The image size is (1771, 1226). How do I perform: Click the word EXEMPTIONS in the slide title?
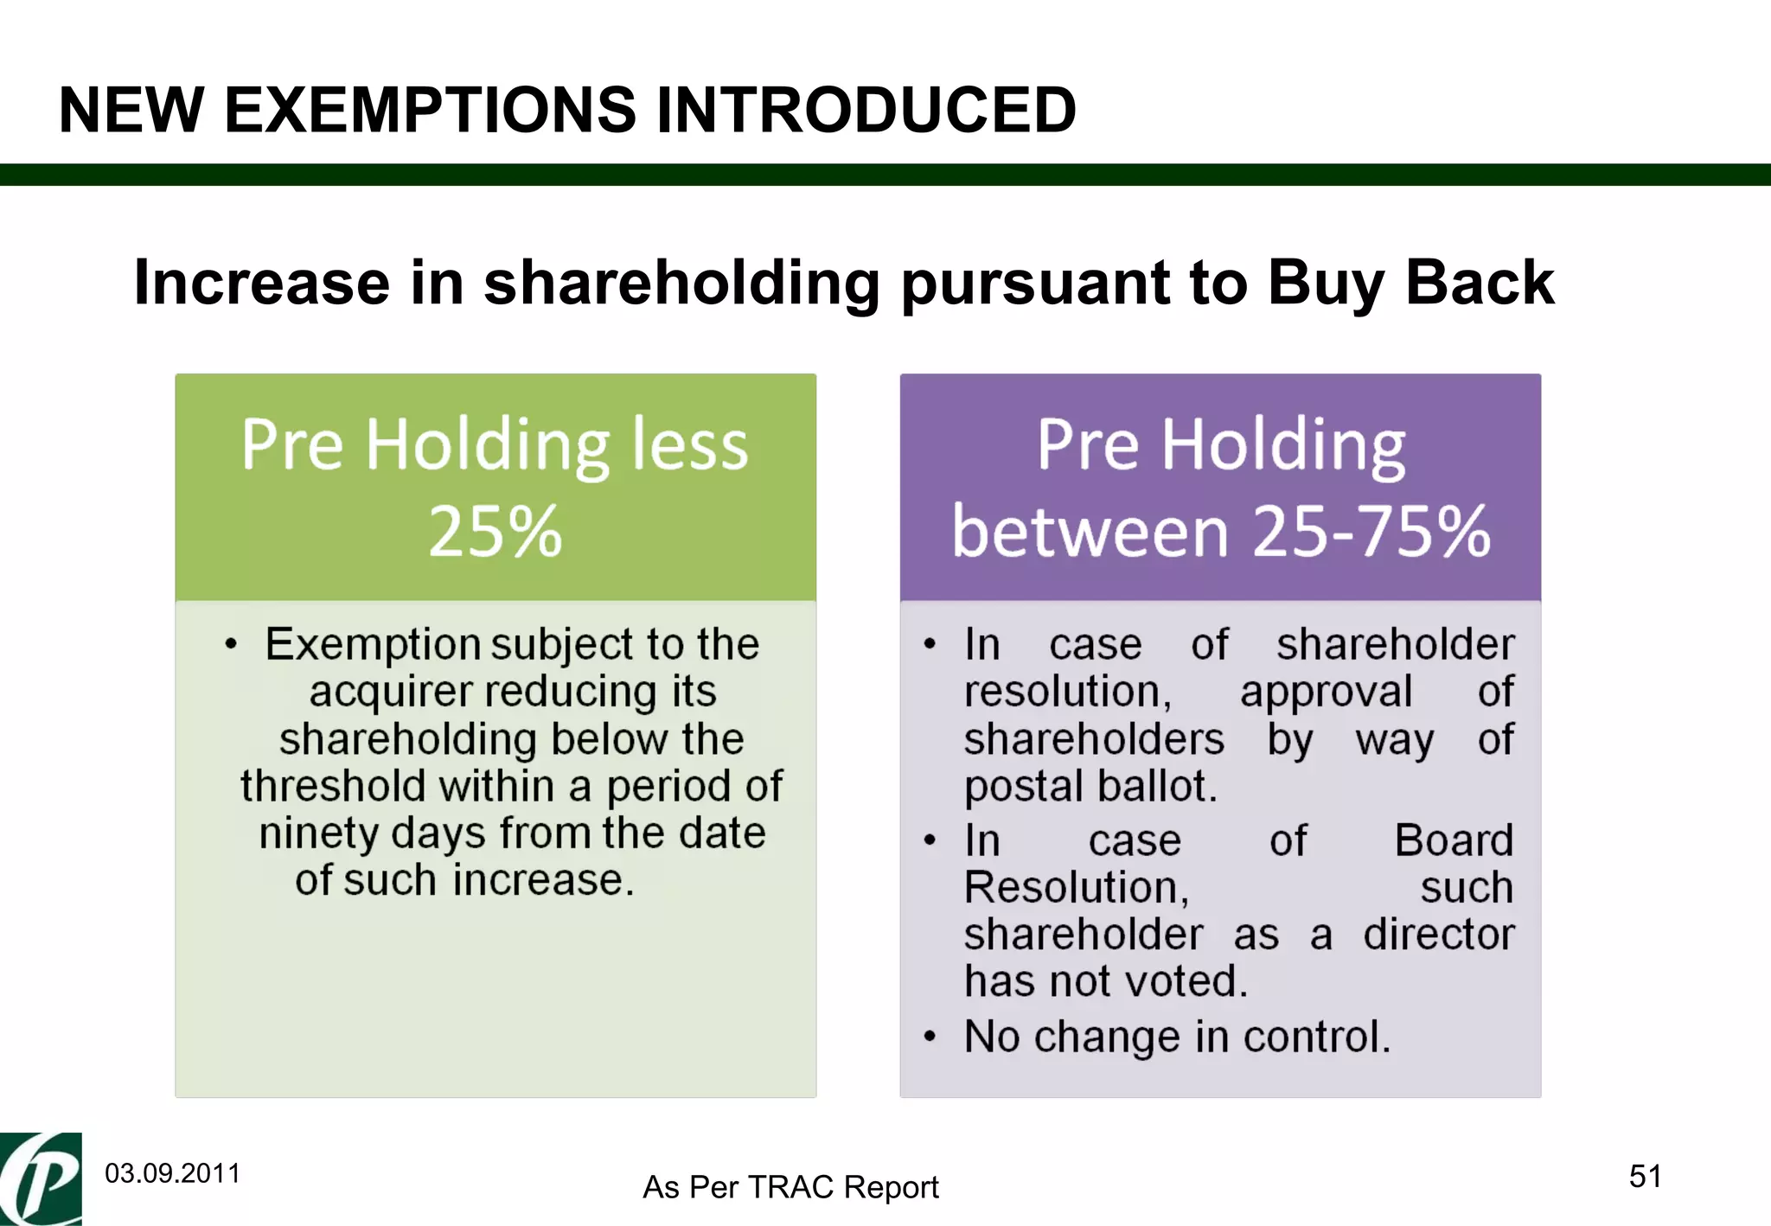click(x=430, y=111)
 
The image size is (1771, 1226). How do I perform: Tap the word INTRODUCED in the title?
click(x=866, y=111)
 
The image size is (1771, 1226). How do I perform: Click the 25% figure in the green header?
click(x=495, y=531)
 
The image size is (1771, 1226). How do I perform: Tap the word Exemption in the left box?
click(x=373, y=644)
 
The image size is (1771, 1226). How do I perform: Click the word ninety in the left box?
click(x=318, y=833)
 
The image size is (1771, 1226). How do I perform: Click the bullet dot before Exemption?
click(x=230, y=644)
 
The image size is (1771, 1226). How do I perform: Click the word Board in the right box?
click(x=1454, y=840)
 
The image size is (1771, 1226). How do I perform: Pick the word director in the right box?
click(x=1438, y=935)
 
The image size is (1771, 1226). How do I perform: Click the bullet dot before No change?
click(x=930, y=1037)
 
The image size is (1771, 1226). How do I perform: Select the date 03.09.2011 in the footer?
click(x=172, y=1173)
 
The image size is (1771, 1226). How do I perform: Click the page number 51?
click(x=1645, y=1176)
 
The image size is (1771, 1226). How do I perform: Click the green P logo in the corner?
click(x=41, y=1179)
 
